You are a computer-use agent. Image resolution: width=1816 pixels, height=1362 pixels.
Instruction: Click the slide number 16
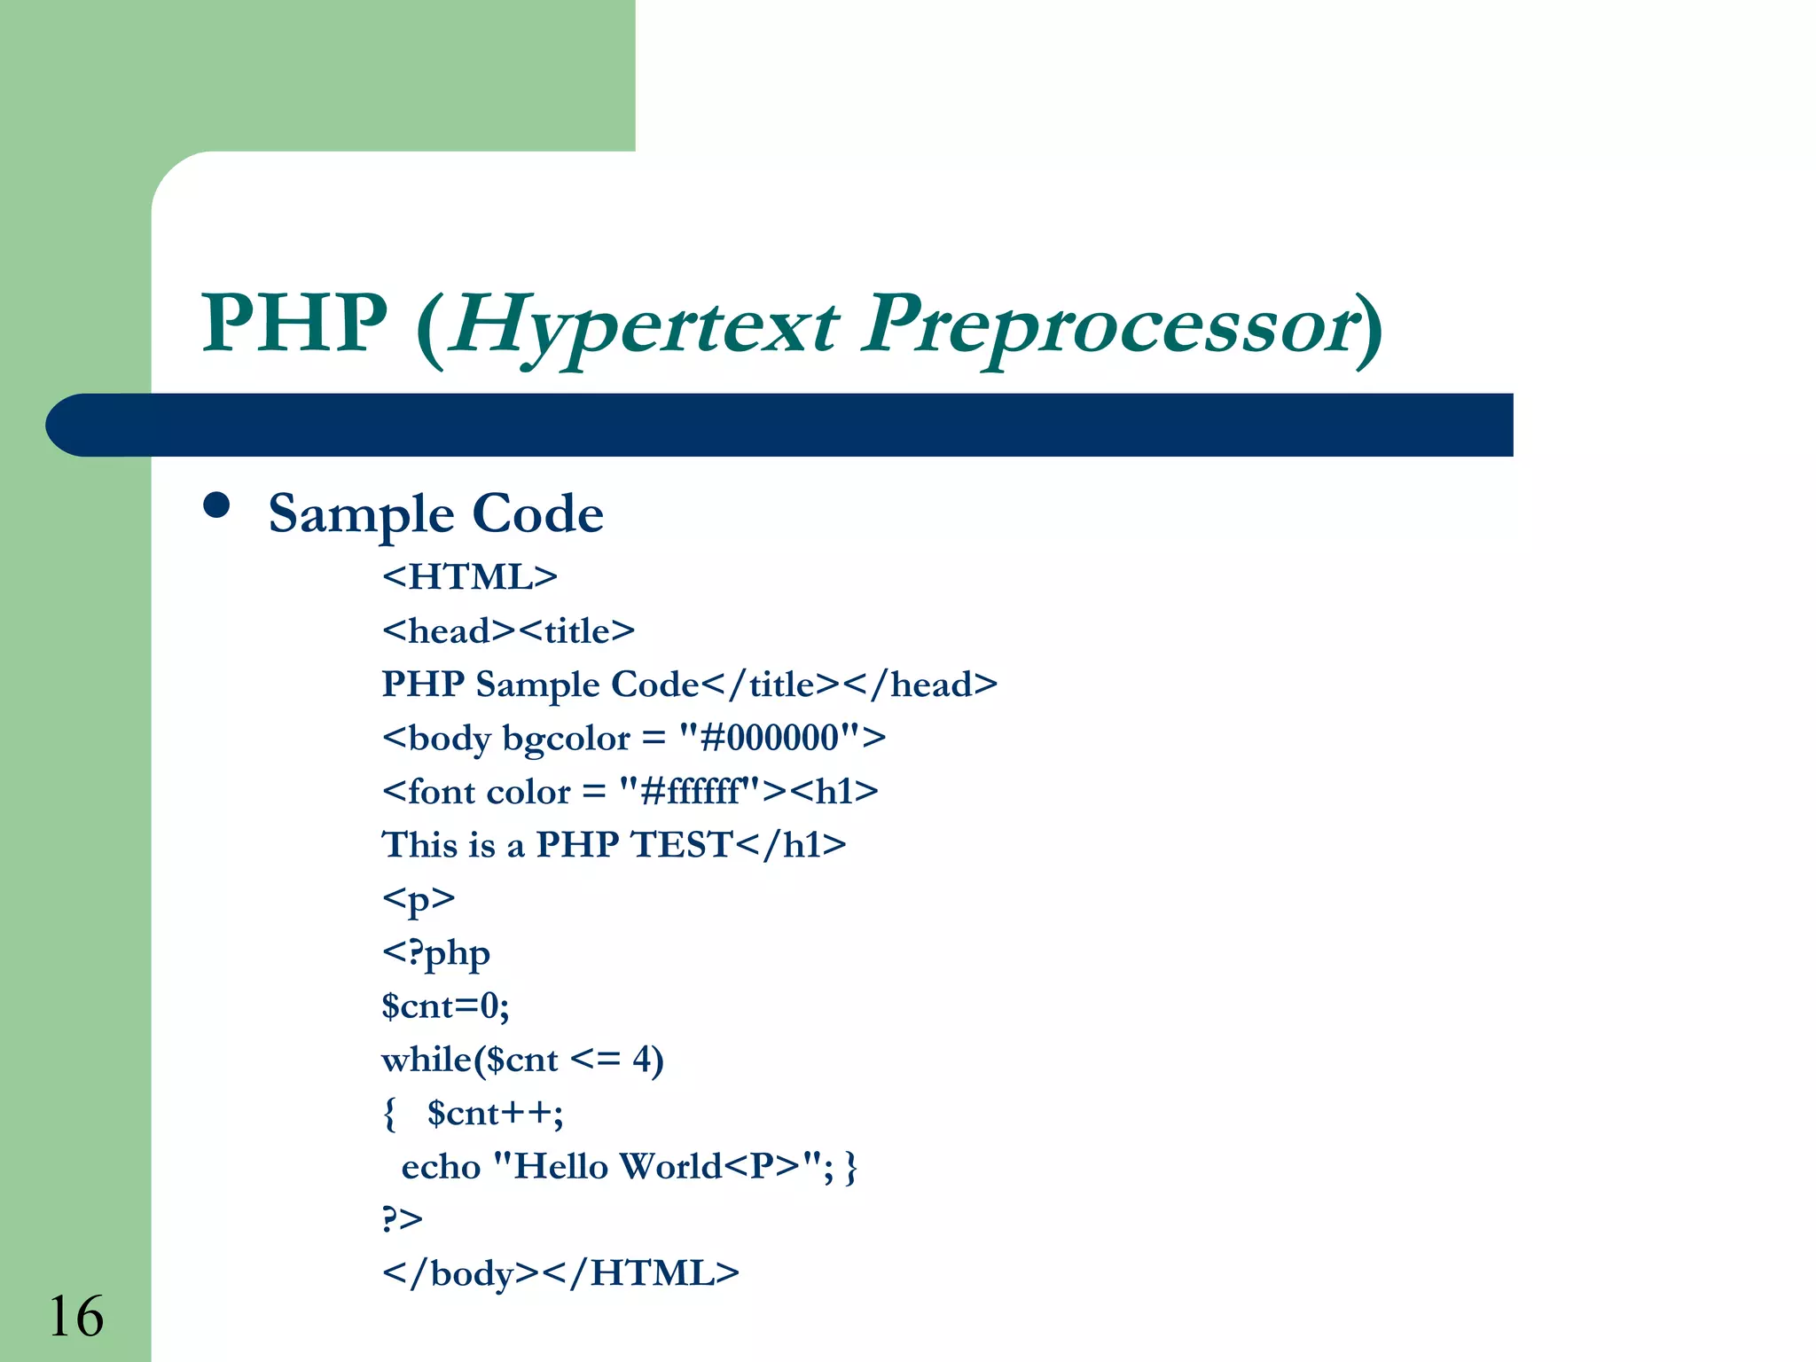pos(76,1316)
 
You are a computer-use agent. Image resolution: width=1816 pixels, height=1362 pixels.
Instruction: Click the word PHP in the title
pos(295,323)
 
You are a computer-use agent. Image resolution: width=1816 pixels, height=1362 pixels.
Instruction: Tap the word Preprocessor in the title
pos(1109,326)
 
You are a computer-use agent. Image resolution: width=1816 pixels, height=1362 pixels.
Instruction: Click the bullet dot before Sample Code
pos(216,505)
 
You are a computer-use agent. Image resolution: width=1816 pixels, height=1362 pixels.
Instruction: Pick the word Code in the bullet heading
pos(537,513)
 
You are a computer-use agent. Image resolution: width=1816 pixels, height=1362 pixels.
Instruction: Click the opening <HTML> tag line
pos(470,577)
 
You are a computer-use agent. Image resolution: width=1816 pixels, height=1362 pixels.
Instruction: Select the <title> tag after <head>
pos(576,631)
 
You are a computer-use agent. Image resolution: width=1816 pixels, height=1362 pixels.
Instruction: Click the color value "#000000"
pos(770,738)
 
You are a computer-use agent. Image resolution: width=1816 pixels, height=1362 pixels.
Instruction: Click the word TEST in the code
pos(682,845)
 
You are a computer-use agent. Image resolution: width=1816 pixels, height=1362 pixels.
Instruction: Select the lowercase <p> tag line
pos(419,899)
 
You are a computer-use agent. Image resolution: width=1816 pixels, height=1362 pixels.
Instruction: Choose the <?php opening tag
pos(435,953)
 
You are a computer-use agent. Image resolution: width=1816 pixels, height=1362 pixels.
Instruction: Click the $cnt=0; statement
pos(445,1006)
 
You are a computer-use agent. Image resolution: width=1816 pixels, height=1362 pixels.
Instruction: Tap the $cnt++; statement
pos(495,1114)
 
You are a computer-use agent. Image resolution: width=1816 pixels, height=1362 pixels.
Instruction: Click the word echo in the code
pos(441,1167)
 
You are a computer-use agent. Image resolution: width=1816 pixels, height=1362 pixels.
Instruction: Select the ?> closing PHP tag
pos(402,1219)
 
